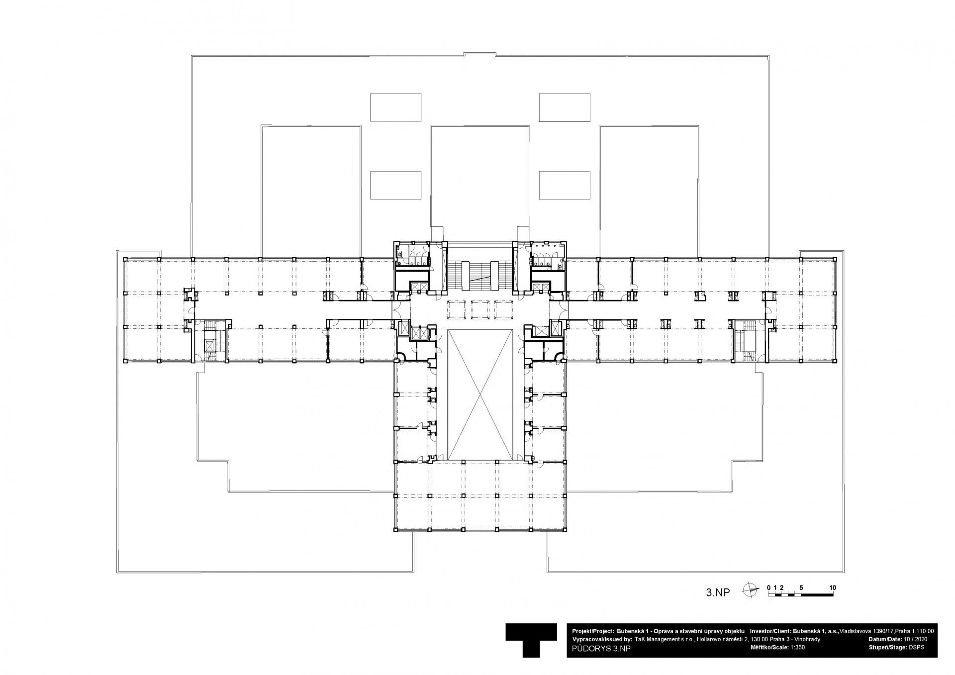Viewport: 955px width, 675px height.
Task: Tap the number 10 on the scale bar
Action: pos(833,587)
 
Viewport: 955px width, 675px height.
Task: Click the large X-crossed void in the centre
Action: pos(480,394)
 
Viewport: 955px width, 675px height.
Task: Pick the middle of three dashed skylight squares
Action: pos(480,309)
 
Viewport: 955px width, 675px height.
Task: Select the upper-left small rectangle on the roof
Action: pos(395,107)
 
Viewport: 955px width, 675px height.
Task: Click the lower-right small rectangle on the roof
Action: pos(565,185)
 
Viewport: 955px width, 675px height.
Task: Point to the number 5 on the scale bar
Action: pos(801,587)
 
